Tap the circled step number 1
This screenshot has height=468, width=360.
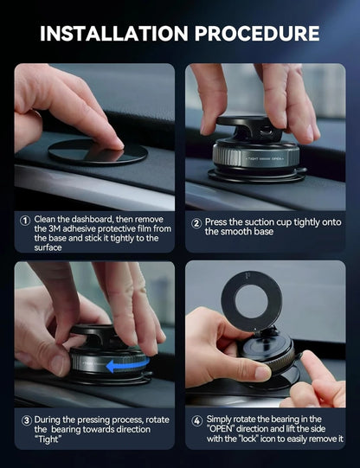pos(25,220)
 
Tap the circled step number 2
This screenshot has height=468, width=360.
pos(196,220)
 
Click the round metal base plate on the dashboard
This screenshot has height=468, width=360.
pos(97,152)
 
